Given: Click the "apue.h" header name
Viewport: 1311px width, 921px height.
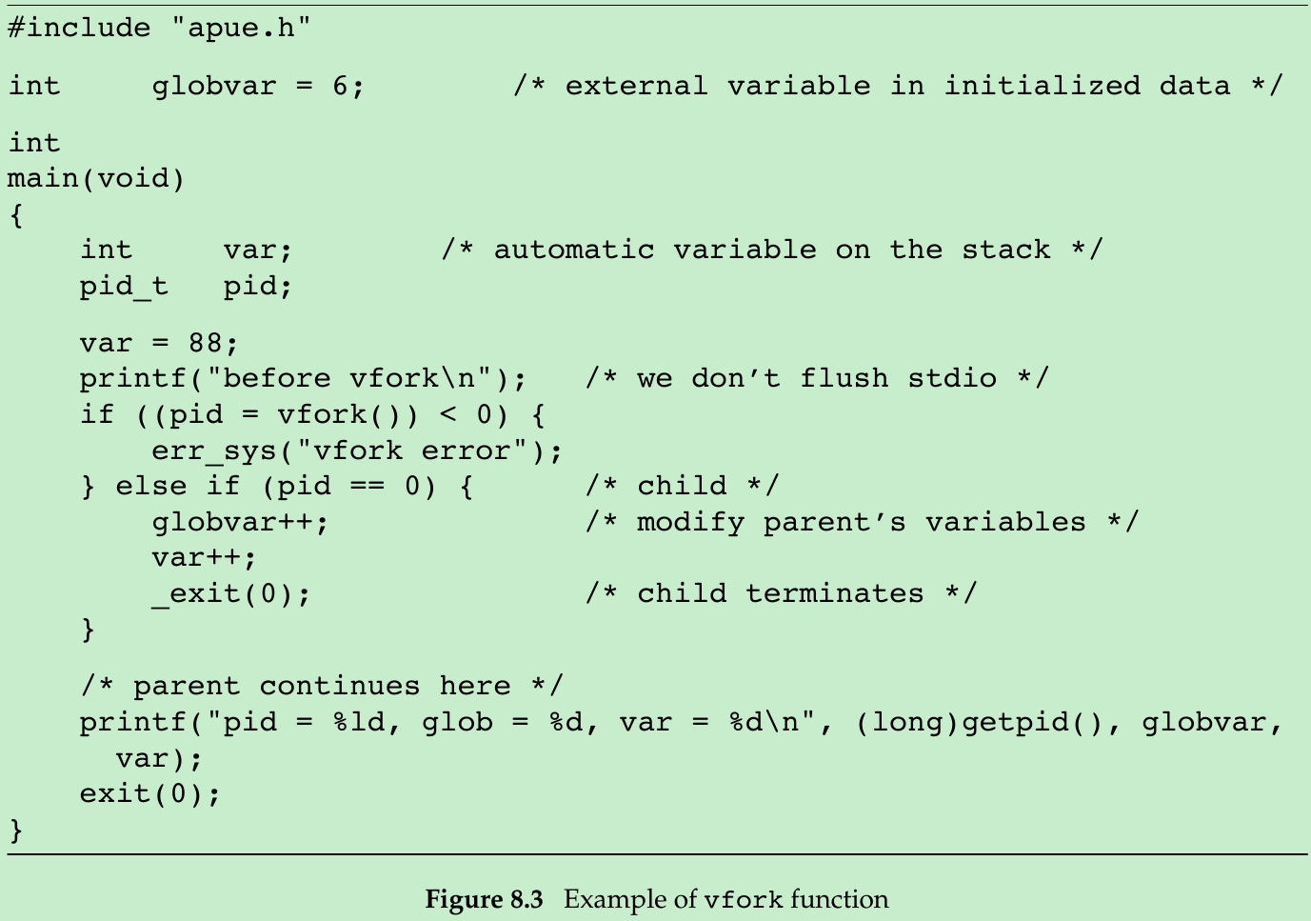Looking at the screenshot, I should click(x=241, y=28).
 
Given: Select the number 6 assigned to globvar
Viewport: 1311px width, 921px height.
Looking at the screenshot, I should click(x=340, y=86).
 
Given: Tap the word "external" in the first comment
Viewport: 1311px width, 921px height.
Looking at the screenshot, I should click(x=636, y=86).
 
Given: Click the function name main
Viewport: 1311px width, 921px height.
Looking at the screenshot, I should click(x=43, y=178).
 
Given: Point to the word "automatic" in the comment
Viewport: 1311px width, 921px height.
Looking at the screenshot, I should click(x=573, y=250).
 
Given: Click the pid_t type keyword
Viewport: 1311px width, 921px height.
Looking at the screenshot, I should click(x=124, y=286).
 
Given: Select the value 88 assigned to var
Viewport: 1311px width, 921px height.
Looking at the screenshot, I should click(x=206, y=343).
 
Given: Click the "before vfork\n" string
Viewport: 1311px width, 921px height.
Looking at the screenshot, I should click(x=367, y=378).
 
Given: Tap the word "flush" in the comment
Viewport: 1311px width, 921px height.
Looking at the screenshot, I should click(x=844, y=378).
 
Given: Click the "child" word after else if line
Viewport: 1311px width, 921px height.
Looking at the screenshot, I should click(x=682, y=486).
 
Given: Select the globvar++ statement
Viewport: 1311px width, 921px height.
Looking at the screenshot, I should click(x=240, y=522).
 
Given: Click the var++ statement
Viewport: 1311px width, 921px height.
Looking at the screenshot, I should click(x=204, y=557).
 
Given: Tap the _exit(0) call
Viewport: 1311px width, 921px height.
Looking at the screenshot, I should click(x=230, y=593).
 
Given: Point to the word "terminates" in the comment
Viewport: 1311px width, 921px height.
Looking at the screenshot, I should click(x=834, y=593).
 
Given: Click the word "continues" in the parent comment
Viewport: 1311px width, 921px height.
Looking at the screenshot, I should click(x=339, y=686).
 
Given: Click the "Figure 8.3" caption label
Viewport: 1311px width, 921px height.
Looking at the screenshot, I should click(x=484, y=899).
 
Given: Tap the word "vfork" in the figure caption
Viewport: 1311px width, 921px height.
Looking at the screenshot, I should click(x=744, y=900).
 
